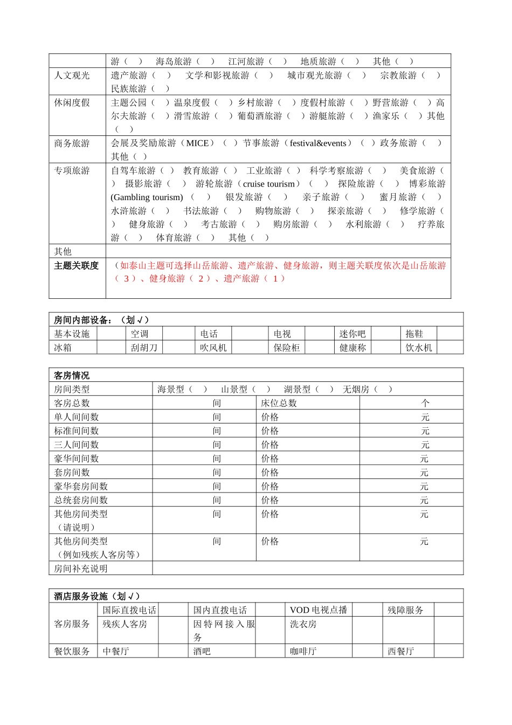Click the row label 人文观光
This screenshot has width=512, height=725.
(x=72, y=76)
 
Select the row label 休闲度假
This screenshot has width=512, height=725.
(x=72, y=102)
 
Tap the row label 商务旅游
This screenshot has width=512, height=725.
(x=72, y=143)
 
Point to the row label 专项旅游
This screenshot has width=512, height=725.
(x=72, y=170)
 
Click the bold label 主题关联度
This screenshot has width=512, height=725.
(x=76, y=265)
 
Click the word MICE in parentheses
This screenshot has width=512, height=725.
(x=197, y=143)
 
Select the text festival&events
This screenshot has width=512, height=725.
(x=318, y=143)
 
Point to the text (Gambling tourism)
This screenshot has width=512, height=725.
(x=147, y=197)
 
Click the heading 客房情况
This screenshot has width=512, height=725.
(x=72, y=375)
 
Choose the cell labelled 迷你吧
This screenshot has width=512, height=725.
(x=352, y=334)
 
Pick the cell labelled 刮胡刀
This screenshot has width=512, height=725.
(x=144, y=348)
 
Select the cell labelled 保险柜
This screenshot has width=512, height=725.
(x=286, y=348)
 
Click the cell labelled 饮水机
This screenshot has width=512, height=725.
(x=419, y=348)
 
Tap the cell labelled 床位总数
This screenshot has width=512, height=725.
(x=279, y=403)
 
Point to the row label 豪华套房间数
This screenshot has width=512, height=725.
(x=81, y=487)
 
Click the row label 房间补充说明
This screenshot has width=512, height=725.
(x=81, y=569)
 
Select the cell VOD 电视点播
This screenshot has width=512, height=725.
(x=319, y=610)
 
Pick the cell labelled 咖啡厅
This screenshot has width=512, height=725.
(x=303, y=652)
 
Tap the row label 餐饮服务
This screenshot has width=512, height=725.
(x=72, y=652)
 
